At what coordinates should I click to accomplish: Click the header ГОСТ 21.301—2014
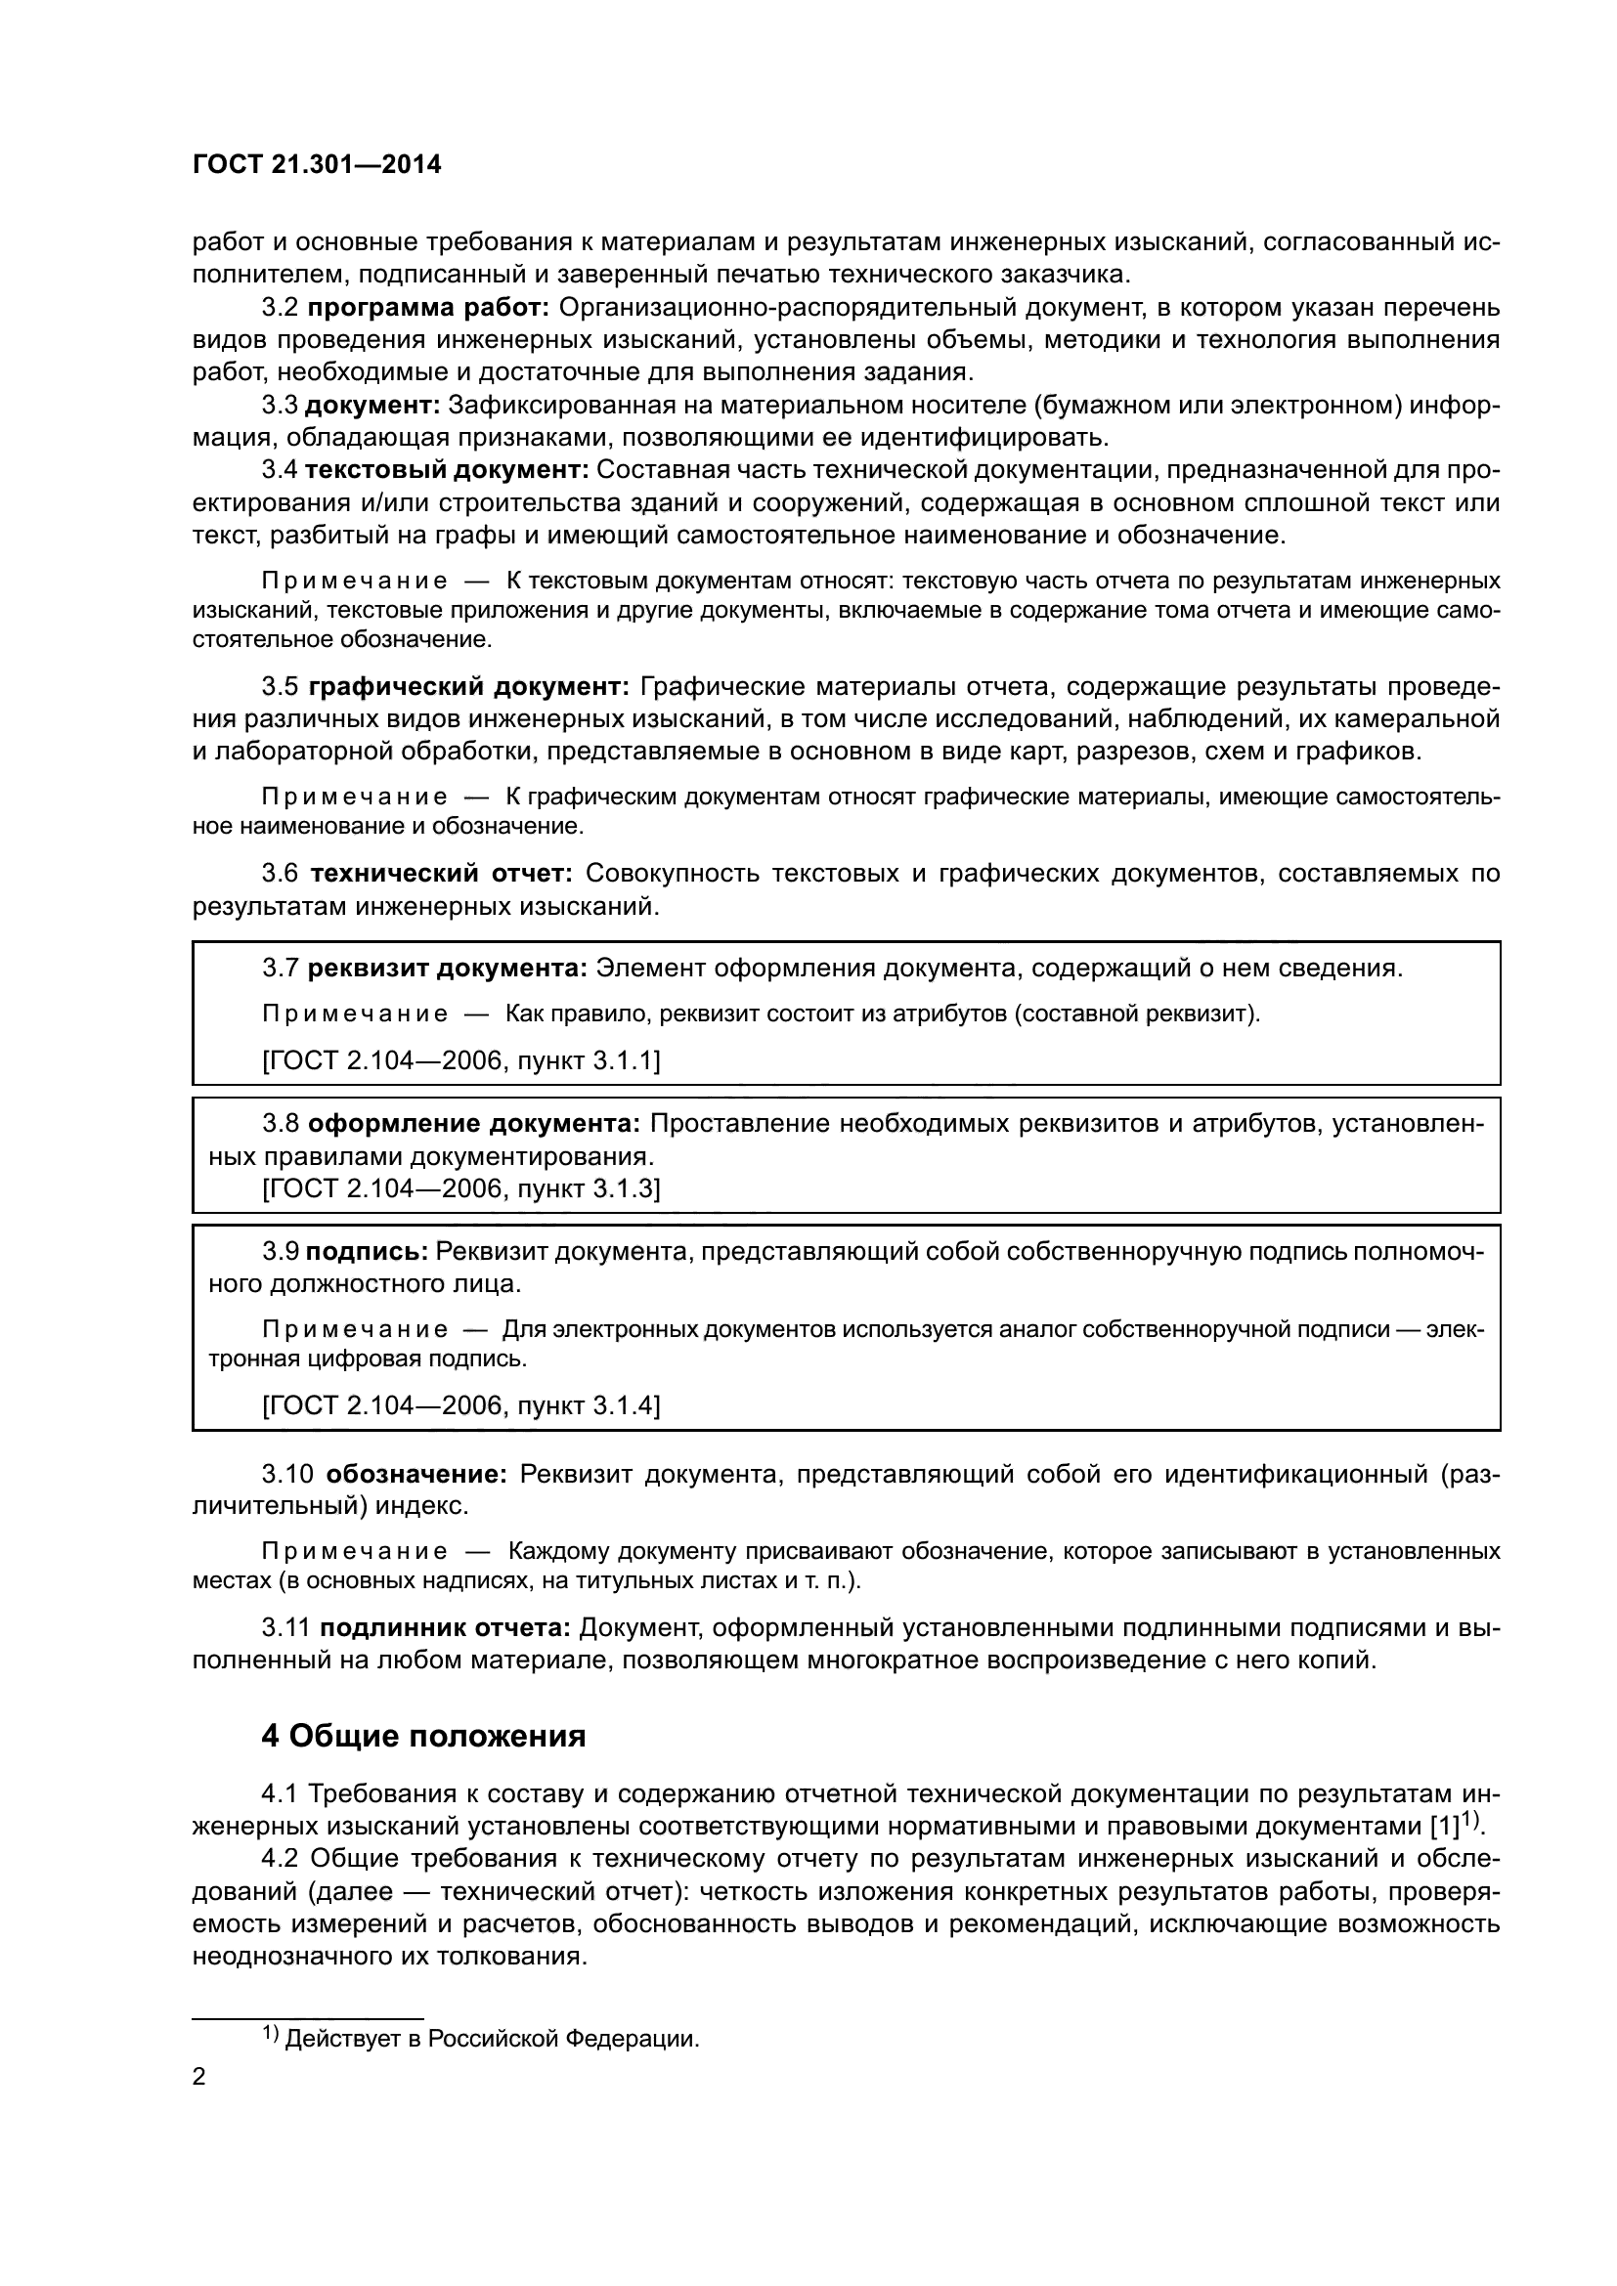click(x=316, y=165)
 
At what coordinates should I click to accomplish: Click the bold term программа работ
click(x=430, y=308)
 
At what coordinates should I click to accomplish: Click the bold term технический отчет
click(x=441, y=873)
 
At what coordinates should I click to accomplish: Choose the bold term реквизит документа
click(x=448, y=968)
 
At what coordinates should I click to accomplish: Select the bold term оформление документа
click(x=474, y=1123)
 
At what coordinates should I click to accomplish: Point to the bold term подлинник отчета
click(x=444, y=1628)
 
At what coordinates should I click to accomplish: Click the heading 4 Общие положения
click(x=423, y=1737)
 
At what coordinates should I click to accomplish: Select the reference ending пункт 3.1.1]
click(x=461, y=1060)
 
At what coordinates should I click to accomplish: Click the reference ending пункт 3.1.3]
click(x=461, y=1187)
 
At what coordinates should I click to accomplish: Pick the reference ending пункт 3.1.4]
click(x=461, y=1404)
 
